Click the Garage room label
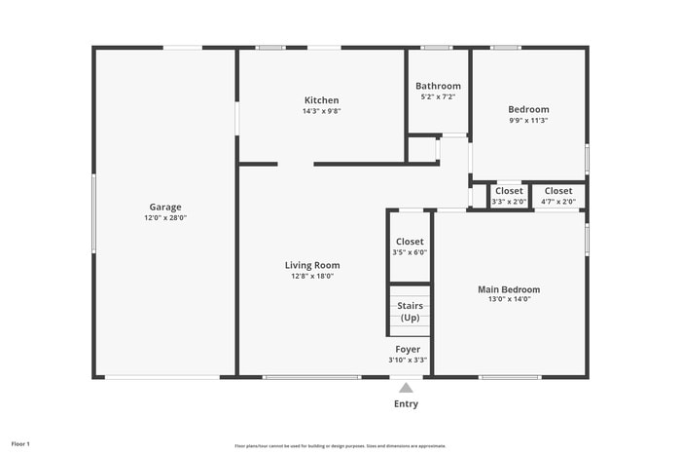(x=165, y=207)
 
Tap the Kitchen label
(x=321, y=100)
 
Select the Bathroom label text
(x=438, y=86)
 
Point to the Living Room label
(x=312, y=265)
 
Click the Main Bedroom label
(x=508, y=289)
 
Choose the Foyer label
(x=408, y=349)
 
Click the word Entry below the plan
(x=407, y=403)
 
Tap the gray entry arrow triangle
(x=406, y=388)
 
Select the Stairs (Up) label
(x=410, y=312)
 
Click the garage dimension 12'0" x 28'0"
(x=165, y=218)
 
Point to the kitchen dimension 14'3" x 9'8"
(x=321, y=111)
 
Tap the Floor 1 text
(x=20, y=444)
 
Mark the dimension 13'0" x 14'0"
(x=508, y=300)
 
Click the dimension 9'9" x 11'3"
(x=528, y=121)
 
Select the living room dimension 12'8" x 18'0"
(x=312, y=276)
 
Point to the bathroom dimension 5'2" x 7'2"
(x=438, y=96)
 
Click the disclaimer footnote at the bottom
(x=340, y=445)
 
